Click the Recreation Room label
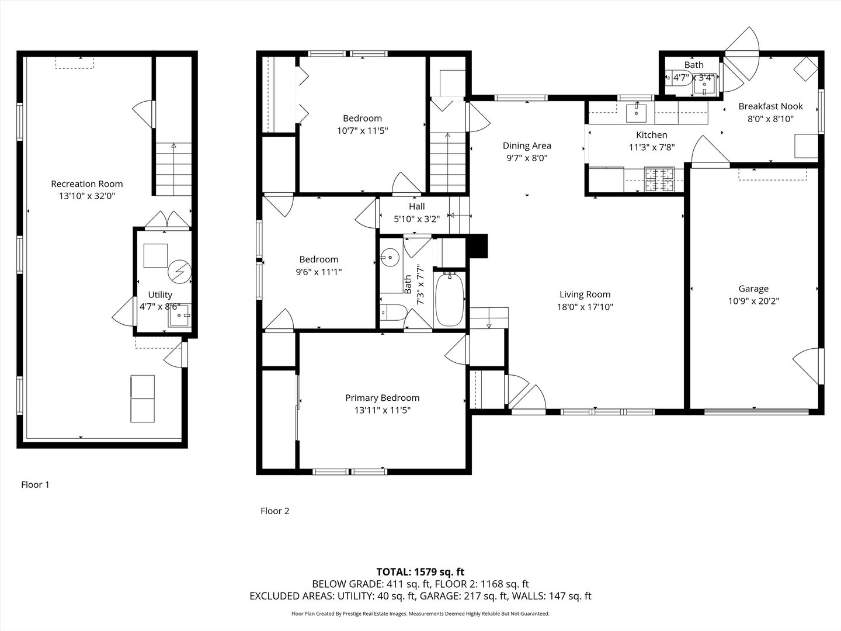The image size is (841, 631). point(86,184)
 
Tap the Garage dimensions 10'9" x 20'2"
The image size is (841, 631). point(753,301)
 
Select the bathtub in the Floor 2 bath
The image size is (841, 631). point(450,300)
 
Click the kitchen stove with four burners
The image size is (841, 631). point(659,179)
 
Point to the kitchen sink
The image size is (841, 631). point(635,112)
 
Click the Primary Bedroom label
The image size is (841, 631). point(382,398)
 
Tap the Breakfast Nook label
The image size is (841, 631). point(770,106)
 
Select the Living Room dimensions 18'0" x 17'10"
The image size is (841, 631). point(585,307)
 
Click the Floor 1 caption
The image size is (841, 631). point(36,484)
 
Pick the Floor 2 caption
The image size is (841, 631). point(274,511)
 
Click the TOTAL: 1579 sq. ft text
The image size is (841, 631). point(420,571)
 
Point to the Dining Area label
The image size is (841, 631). point(527,146)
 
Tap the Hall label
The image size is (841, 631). point(416,206)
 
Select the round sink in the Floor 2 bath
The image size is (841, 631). point(390,256)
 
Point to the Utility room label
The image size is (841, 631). point(159,295)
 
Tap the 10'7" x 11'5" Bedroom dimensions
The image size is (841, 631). point(362,131)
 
